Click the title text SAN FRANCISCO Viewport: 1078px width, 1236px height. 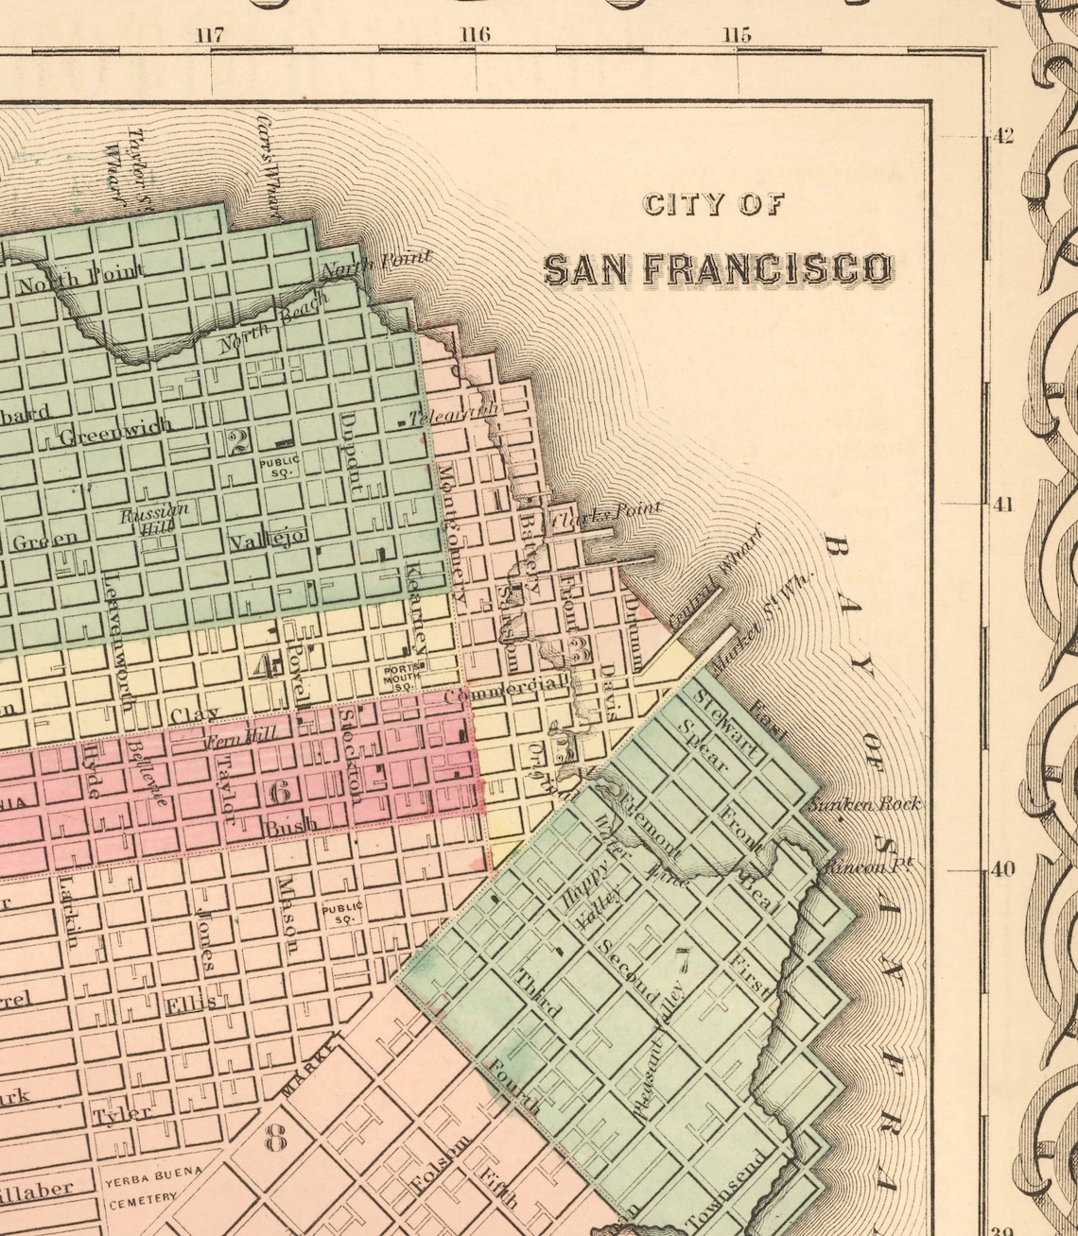[x=718, y=269]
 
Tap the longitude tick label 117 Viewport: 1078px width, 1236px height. [x=210, y=36]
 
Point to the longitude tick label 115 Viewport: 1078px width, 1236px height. [x=736, y=36]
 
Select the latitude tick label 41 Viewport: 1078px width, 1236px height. [x=1001, y=505]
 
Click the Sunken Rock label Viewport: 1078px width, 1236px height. [x=863, y=804]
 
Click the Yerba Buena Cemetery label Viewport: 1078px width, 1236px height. [x=142, y=1190]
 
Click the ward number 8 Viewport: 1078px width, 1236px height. [x=275, y=1140]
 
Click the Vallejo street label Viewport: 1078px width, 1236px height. [x=268, y=540]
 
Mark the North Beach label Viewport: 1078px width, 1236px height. [x=274, y=321]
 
